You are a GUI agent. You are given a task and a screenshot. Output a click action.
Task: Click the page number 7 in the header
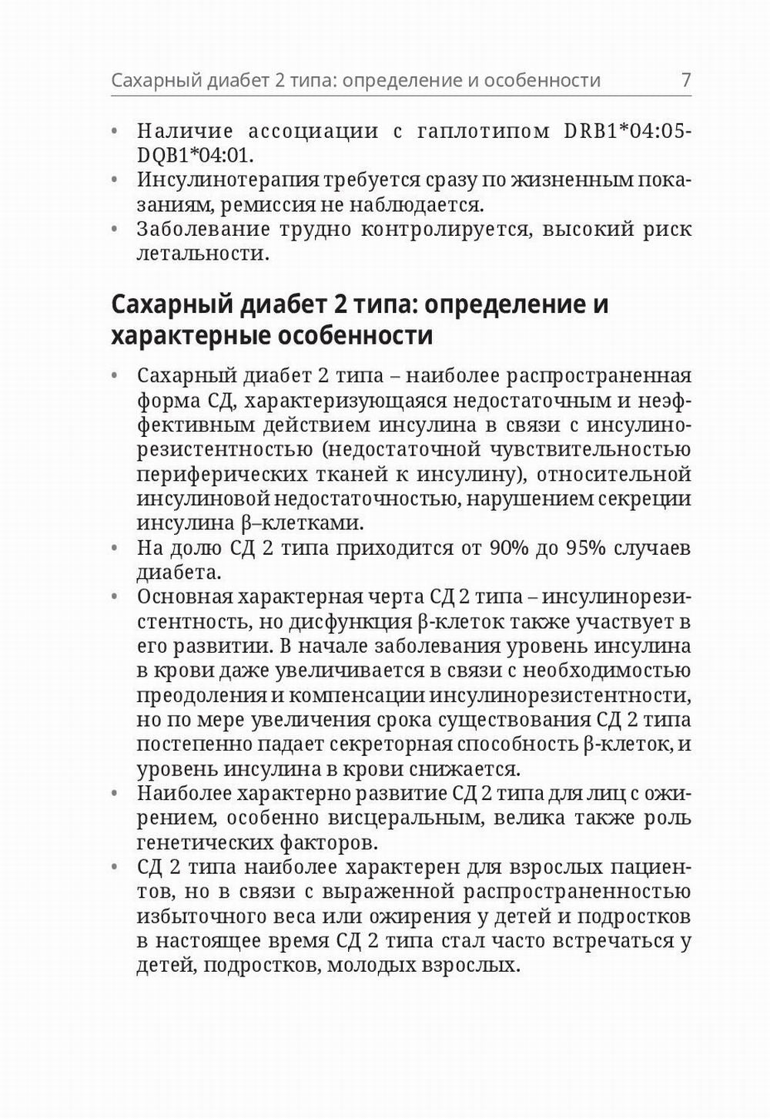click(685, 80)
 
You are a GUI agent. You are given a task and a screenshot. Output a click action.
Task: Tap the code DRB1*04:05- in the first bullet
click(628, 131)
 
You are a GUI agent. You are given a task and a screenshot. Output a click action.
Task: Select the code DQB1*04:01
click(194, 155)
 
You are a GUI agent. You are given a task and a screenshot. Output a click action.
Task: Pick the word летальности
click(203, 254)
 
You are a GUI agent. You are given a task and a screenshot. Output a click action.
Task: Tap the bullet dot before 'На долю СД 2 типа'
click(115, 549)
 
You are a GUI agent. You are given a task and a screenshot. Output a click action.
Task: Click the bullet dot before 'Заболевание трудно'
click(115, 230)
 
